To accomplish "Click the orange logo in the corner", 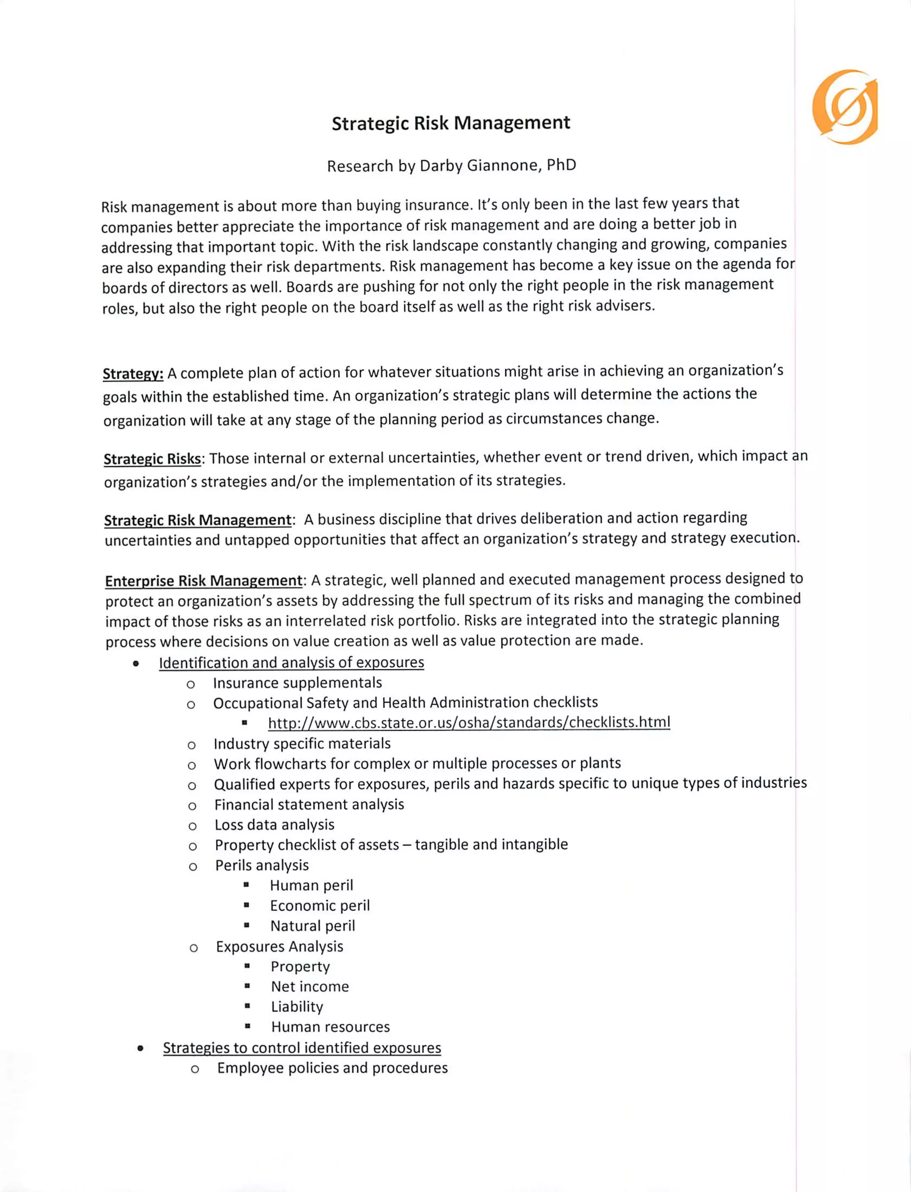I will [844, 107].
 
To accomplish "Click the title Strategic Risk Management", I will [451, 123].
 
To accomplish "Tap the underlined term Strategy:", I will [133, 374].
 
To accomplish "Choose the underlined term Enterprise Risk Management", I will [203, 581].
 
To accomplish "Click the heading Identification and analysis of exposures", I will [291, 662].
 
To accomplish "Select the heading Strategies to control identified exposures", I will [302, 1048].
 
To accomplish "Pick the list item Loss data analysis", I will [274, 825].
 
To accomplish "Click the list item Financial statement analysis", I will [309, 805].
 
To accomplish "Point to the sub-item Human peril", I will [311, 885].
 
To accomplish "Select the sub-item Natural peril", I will [312, 926].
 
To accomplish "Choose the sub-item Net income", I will [310, 987].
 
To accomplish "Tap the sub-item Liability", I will [297, 1007].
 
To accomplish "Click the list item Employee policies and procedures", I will [332, 1068].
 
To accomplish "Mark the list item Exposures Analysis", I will [279, 946].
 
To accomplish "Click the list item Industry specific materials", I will [302, 744].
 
